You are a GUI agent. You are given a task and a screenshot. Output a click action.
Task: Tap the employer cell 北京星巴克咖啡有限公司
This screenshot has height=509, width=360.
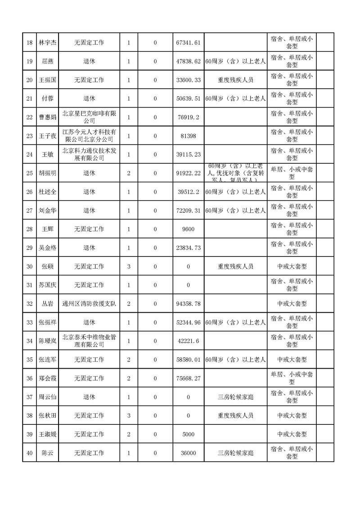(x=89, y=117)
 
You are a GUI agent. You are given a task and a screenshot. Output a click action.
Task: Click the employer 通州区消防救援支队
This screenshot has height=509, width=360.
(x=89, y=304)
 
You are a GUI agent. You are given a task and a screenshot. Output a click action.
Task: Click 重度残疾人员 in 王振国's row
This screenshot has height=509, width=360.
(x=235, y=80)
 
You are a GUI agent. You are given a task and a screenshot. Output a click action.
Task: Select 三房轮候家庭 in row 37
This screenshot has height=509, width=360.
(x=235, y=397)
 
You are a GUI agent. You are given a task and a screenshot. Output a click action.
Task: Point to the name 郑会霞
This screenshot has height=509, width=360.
(x=48, y=378)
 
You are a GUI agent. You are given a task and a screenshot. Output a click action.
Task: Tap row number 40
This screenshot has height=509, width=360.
(x=30, y=453)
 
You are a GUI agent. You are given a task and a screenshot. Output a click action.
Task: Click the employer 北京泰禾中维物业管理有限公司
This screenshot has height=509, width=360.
(x=89, y=341)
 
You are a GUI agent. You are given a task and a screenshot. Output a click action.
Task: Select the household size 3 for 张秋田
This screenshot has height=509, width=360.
(x=129, y=416)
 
